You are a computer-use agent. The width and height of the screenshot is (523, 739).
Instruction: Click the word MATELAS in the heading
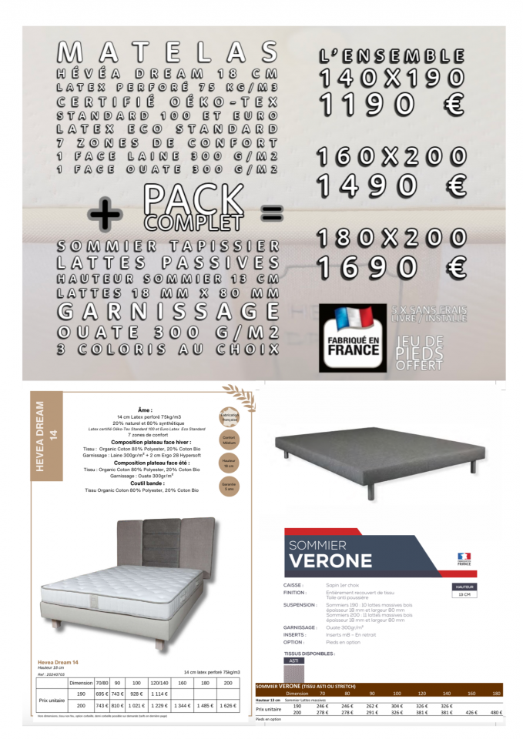167,52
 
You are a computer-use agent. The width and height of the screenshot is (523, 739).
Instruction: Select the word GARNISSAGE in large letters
167,312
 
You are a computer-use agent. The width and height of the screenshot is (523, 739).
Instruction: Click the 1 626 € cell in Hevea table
227,705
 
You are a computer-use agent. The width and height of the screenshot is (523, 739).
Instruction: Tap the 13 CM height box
464,594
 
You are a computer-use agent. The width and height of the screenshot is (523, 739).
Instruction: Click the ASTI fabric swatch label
293,660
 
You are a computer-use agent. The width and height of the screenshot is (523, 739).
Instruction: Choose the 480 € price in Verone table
496,712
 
